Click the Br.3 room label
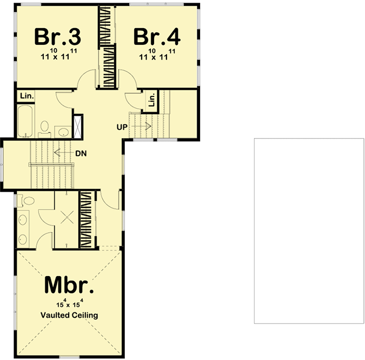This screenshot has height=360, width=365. pos(58,37)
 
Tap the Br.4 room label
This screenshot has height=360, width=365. pos(157,37)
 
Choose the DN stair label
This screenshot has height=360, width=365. pos(81,153)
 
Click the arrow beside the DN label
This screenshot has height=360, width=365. pos(63,153)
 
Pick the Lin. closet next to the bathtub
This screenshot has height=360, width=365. pos(26,96)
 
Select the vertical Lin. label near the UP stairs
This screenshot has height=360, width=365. pos(152,100)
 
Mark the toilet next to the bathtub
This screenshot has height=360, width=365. pos(44,127)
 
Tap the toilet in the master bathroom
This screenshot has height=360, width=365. pos(28,201)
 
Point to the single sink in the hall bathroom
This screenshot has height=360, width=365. pos(62,130)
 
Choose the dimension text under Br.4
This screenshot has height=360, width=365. pos(157,55)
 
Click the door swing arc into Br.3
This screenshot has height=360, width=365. pos(86,82)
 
